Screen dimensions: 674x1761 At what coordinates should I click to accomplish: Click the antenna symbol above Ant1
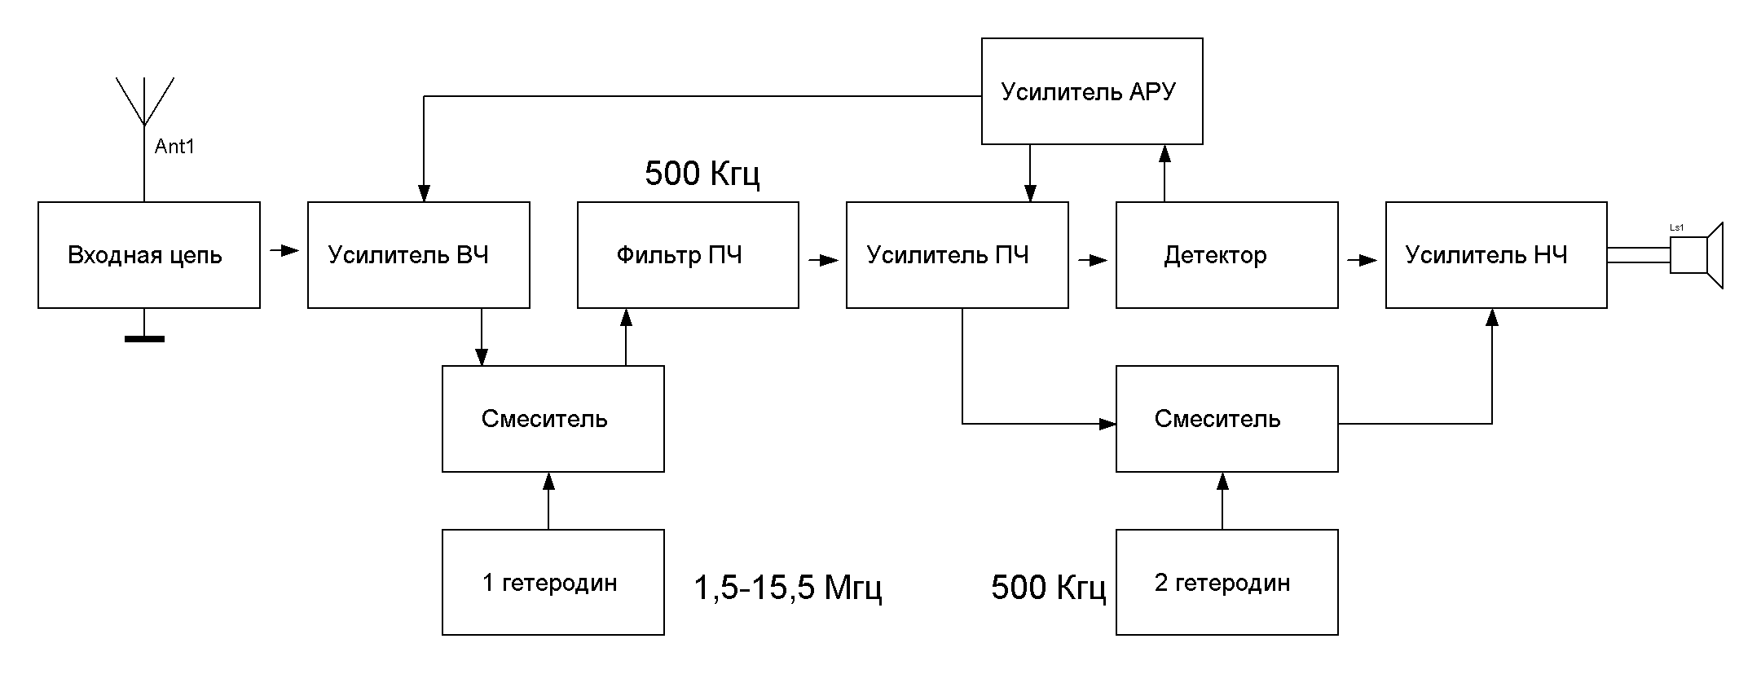(144, 102)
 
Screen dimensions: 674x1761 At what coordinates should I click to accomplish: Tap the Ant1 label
(174, 148)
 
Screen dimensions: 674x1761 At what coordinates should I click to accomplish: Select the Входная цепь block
(149, 255)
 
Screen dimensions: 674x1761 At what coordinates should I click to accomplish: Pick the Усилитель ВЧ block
(418, 255)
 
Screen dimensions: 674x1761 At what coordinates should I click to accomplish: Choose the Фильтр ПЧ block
(688, 255)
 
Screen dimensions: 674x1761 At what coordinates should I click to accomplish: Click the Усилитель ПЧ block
(957, 255)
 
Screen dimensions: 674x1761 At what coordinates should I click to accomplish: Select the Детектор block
(1226, 255)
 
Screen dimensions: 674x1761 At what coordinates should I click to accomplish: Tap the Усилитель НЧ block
(1496, 255)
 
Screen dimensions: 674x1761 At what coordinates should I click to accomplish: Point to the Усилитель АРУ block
(1092, 91)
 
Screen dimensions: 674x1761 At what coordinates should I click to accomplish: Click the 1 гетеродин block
(553, 583)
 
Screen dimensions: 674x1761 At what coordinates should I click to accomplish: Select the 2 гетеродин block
(1226, 583)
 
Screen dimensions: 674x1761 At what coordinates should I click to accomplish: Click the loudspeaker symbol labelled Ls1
(1697, 254)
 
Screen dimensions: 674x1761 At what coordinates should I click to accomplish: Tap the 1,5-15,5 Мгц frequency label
(787, 588)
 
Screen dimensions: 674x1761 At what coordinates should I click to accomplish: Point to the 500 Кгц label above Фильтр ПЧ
(702, 174)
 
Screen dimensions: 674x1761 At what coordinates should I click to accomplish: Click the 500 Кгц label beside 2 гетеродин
(1048, 588)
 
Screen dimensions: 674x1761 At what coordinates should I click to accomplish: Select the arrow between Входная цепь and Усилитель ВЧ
(284, 250)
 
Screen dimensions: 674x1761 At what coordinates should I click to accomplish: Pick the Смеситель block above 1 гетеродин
(553, 419)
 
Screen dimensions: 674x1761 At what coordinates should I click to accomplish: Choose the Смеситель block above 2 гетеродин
(1226, 419)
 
